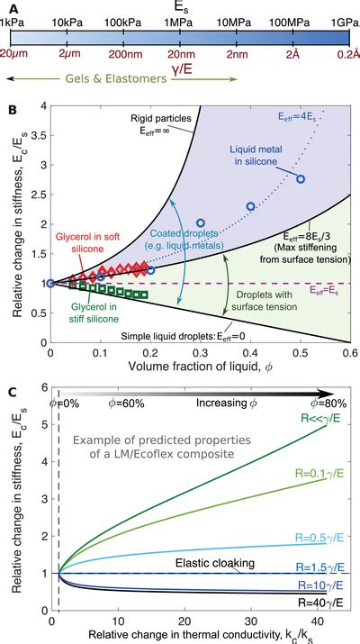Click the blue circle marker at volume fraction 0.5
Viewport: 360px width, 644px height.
(x=301, y=179)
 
